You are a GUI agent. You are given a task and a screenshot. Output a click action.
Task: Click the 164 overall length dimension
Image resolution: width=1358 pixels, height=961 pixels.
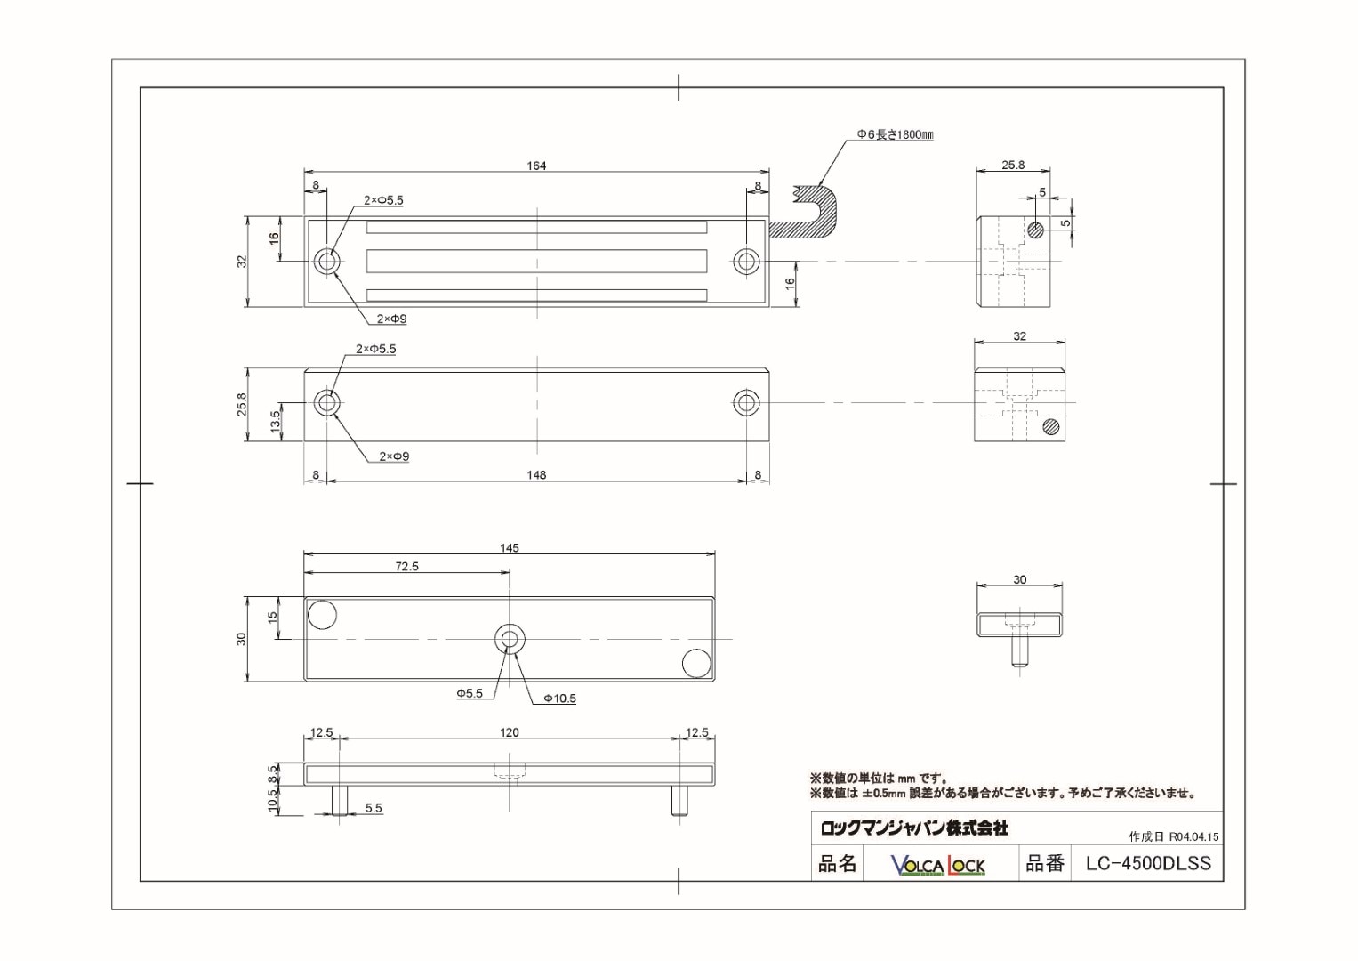click(536, 166)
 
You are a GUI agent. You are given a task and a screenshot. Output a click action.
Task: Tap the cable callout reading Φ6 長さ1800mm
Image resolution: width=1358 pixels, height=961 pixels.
click(895, 135)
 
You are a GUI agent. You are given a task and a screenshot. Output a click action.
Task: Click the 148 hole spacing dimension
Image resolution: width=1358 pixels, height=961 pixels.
click(536, 475)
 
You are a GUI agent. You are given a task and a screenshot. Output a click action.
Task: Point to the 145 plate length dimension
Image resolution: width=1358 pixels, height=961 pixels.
click(509, 548)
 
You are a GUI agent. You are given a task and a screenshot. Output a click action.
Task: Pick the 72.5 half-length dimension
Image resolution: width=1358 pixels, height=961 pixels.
click(406, 566)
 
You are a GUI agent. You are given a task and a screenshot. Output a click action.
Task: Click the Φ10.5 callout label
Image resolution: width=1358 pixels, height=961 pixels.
click(559, 699)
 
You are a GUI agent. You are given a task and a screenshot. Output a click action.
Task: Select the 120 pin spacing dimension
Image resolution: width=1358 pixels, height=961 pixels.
click(509, 732)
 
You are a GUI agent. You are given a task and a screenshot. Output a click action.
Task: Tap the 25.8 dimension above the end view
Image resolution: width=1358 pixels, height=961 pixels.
click(1013, 165)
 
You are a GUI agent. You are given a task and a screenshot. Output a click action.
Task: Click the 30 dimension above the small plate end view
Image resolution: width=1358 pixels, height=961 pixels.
click(1019, 579)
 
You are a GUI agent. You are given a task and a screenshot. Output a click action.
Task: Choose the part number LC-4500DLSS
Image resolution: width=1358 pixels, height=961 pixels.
click(1148, 863)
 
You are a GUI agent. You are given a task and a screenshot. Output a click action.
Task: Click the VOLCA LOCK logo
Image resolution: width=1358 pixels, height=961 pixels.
click(938, 865)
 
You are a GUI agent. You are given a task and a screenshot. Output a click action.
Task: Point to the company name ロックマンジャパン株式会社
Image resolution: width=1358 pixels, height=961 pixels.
click(914, 828)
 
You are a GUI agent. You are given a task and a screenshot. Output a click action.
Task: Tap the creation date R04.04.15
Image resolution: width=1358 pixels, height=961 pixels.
click(1193, 837)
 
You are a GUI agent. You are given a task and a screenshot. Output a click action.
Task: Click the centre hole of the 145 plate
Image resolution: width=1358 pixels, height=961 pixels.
click(510, 638)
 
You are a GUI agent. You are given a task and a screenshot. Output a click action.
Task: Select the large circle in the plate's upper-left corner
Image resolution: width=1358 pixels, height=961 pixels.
click(322, 614)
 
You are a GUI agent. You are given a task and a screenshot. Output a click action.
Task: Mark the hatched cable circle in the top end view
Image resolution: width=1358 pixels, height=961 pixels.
click(1035, 230)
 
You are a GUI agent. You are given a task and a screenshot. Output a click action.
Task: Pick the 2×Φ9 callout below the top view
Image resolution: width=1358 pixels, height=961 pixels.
click(391, 319)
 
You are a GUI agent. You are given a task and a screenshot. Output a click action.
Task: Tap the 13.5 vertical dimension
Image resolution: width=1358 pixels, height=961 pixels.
click(276, 420)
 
